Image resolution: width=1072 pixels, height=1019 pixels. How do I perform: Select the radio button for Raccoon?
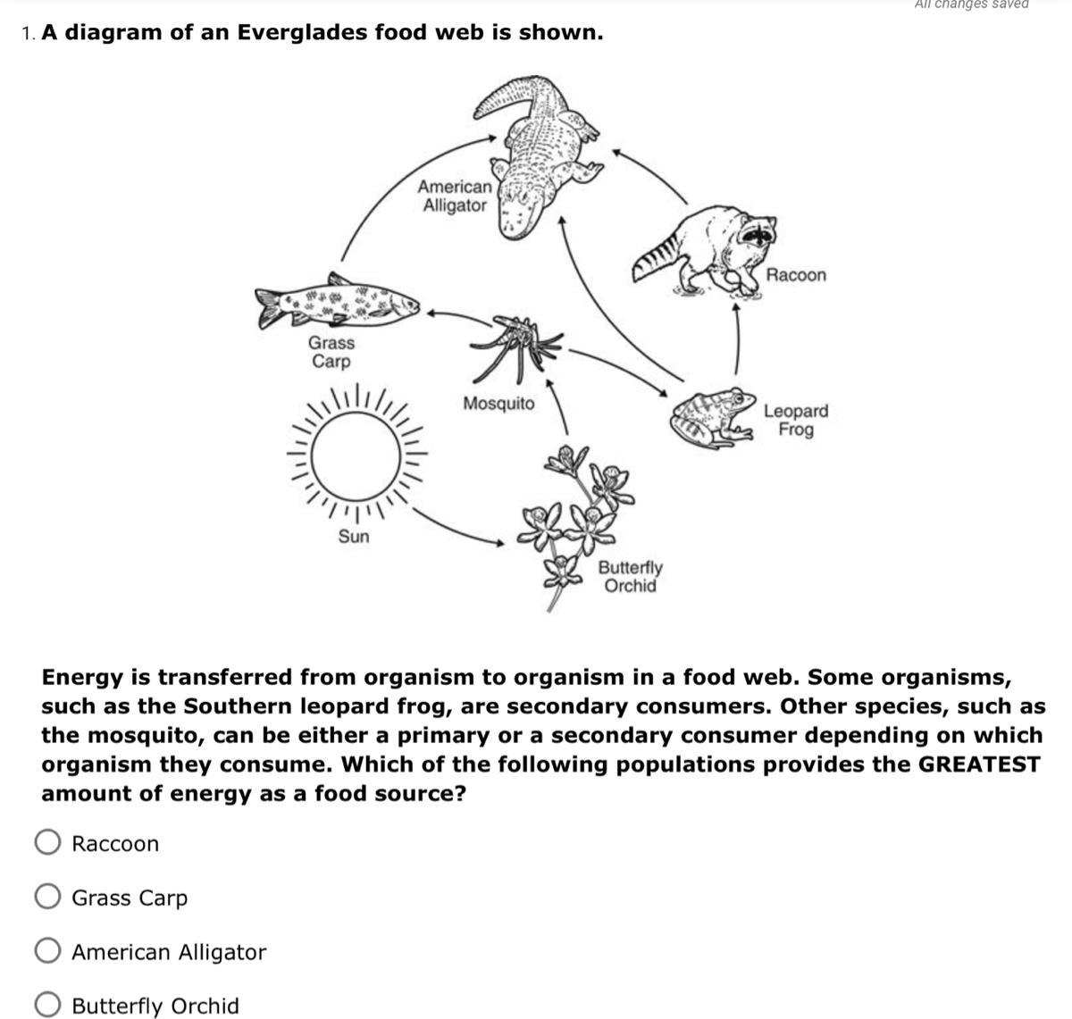point(47,843)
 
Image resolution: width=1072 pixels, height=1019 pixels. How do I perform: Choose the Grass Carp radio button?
point(47,897)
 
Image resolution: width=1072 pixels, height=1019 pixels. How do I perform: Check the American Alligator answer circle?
point(47,951)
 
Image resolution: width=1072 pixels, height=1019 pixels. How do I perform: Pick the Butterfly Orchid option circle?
point(47,1005)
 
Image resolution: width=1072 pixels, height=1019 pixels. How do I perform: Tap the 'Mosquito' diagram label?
point(498,404)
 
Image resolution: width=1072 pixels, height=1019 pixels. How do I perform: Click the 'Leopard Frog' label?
point(795,420)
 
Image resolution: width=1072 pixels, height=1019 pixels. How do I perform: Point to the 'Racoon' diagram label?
point(796,275)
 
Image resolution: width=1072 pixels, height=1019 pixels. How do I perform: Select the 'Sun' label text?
point(354,537)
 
